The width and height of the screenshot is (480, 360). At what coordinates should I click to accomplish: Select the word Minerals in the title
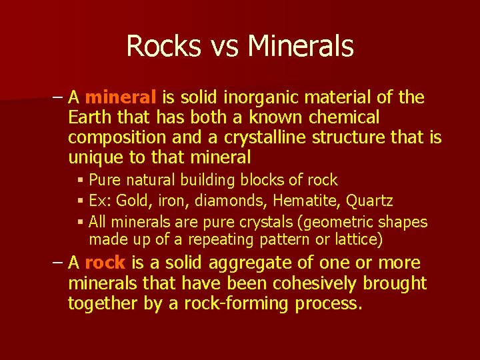coord(300,47)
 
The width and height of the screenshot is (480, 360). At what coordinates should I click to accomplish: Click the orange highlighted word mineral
coord(121,98)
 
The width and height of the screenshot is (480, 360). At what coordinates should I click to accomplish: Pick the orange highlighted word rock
coord(105,263)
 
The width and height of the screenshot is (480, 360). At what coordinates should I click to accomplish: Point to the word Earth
coord(90,118)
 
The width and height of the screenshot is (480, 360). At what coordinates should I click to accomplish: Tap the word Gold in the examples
coord(133,201)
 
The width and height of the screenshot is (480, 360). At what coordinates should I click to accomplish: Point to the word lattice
coord(355,239)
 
